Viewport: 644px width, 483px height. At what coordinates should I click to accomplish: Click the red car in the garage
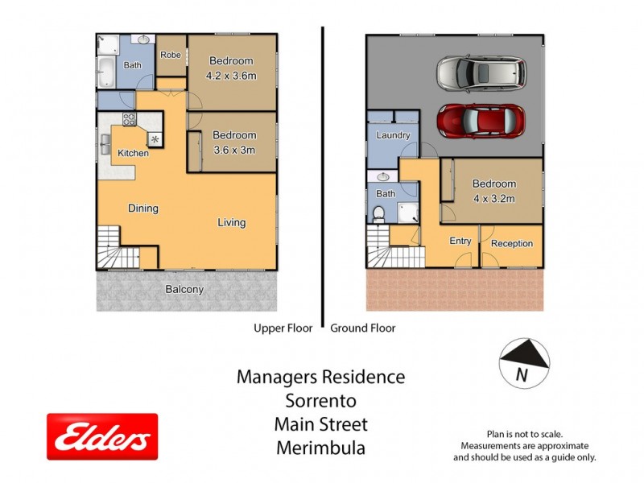(x=481, y=121)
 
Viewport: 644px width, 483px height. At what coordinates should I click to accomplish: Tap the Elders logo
(x=102, y=437)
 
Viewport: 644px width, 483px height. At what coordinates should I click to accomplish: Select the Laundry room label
(x=394, y=135)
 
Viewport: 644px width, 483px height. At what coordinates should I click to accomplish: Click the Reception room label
(x=511, y=243)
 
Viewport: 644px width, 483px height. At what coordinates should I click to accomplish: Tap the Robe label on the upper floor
(x=170, y=55)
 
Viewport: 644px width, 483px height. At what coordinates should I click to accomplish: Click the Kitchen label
(x=133, y=153)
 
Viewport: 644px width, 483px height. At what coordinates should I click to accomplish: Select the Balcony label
(x=184, y=289)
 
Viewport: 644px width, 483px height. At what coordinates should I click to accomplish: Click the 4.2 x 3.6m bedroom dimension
(x=231, y=77)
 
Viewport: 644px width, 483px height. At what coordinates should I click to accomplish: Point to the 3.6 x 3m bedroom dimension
(x=233, y=151)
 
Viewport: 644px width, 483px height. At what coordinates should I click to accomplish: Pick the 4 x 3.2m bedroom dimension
(x=493, y=199)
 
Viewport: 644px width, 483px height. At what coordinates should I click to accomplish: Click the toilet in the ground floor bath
(x=380, y=214)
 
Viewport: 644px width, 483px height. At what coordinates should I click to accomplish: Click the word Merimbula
(x=320, y=448)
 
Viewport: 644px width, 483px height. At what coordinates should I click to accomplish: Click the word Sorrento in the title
(x=320, y=400)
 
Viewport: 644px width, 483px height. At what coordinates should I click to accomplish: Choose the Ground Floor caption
(x=363, y=328)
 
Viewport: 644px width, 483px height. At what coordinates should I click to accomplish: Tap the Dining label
(x=143, y=208)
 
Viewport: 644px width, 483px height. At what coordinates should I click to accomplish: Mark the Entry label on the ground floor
(x=460, y=241)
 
